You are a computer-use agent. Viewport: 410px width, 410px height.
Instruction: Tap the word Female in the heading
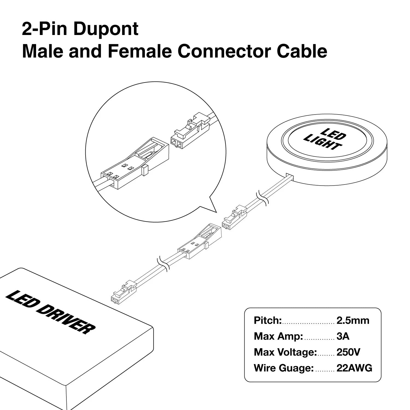click(x=140, y=51)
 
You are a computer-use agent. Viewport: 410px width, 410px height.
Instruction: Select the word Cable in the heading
click(x=302, y=51)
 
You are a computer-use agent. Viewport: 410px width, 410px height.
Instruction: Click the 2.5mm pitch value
click(x=353, y=320)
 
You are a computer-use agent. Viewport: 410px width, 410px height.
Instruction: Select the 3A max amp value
click(x=343, y=336)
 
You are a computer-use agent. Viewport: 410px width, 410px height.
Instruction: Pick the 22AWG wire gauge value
click(x=354, y=368)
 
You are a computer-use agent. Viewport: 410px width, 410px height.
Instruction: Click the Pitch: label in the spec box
click(x=268, y=320)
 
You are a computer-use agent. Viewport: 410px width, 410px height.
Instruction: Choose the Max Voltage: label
click(x=285, y=352)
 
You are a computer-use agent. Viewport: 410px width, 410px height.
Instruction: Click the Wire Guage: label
click(x=283, y=368)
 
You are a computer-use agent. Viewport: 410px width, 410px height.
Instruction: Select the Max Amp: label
click(x=278, y=336)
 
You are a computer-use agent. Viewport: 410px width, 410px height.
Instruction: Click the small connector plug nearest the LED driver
click(x=123, y=293)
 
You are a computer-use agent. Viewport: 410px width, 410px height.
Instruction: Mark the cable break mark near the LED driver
click(x=163, y=263)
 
